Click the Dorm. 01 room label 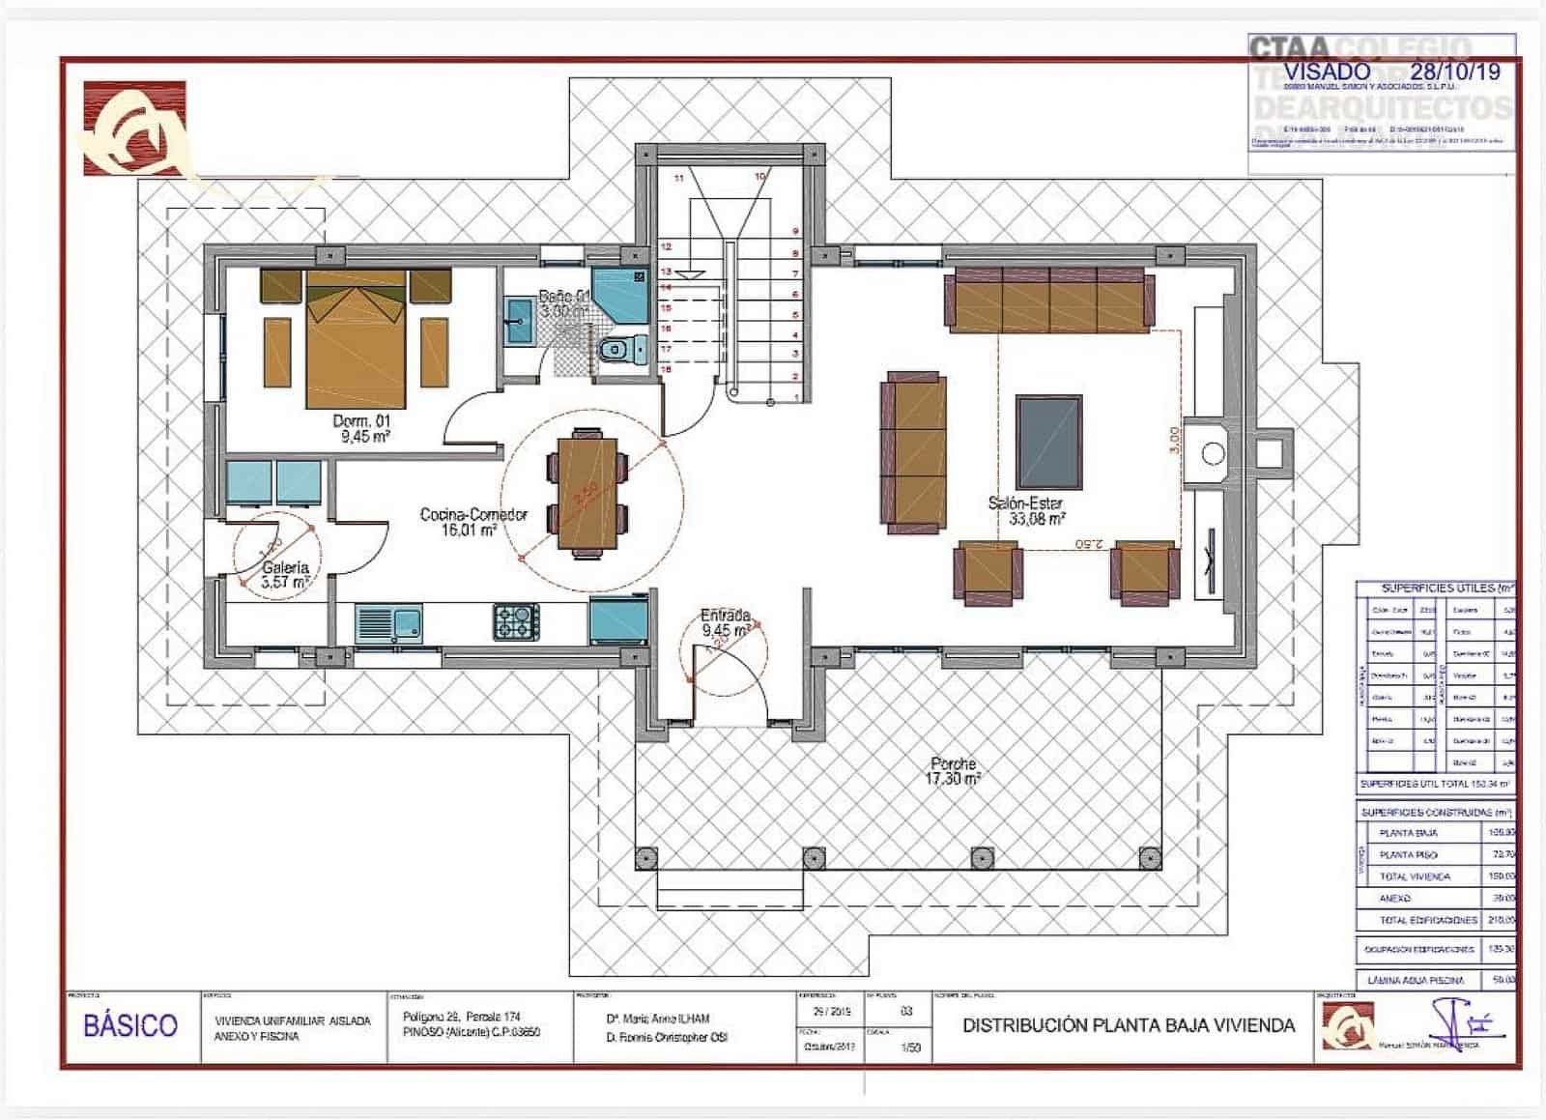pos(361,428)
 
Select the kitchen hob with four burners pos(517,621)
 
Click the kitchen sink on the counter pos(387,623)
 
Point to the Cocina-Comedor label pos(472,522)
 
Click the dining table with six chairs pos(587,493)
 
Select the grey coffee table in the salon pos(1048,442)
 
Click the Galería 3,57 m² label pos(284,575)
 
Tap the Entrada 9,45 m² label pos(725,622)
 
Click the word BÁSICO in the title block pos(130,1025)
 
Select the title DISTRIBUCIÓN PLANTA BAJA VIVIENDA pos(1129,1025)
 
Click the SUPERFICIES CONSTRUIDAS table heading pos(1435,813)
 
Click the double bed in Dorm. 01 pos(355,338)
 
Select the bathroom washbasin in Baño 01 pos(519,320)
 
